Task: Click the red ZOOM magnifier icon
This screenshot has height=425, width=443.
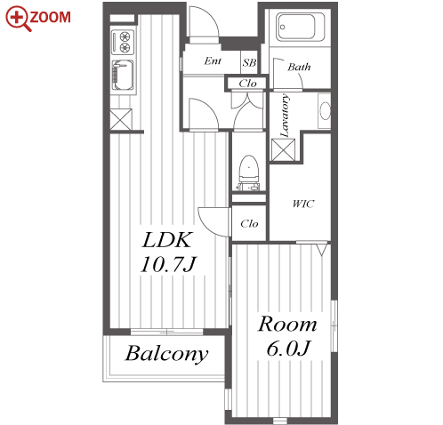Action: (x=18, y=19)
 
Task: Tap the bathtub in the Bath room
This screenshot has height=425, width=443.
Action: (x=300, y=27)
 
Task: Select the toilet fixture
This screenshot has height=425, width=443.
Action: (x=248, y=172)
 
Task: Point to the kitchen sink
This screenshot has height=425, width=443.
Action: (x=123, y=76)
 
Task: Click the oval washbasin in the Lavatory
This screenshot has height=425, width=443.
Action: (x=325, y=111)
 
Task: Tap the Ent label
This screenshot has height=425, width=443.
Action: (x=213, y=60)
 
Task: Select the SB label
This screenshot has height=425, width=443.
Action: (x=249, y=63)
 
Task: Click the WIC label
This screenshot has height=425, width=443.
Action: (x=303, y=204)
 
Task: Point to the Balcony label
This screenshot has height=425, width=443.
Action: (x=166, y=354)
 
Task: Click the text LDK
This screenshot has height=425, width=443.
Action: (x=167, y=240)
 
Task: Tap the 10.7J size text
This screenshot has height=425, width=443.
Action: (x=168, y=264)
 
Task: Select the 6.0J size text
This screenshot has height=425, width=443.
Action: (x=288, y=349)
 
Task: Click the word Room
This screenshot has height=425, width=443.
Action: (x=287, y=325)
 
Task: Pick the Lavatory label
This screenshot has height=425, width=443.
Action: (x=285, y=116)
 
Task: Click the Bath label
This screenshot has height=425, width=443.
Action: (x=299, y=67)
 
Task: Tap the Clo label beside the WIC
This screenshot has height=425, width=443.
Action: (x=249, y=223)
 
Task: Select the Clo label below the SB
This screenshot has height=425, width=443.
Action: (x=247, y=84)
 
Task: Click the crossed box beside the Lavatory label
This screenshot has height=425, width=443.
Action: (x=284, y=150)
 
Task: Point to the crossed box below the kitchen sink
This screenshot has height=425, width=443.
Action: (x=121, y=119)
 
